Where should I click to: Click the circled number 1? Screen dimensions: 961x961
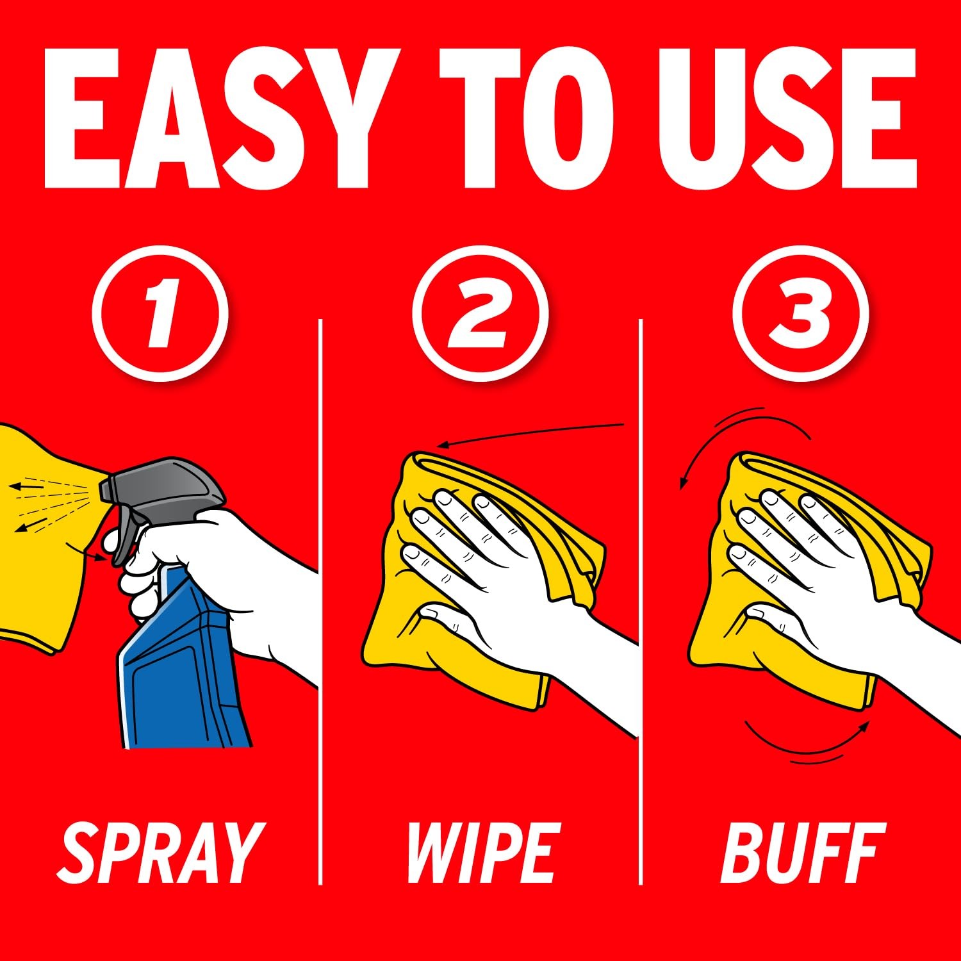pyautogui.click(x=160, y=315)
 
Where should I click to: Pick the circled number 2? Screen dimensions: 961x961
pyautogui.click(x=481, y=315)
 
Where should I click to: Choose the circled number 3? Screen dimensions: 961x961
pyautogui.click(x=801, y=315)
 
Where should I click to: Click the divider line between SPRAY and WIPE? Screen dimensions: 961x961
pyautogui.click(x=320, y=602)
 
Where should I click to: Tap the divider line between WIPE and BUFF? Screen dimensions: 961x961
pyautogui.click(x=641, y=602)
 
